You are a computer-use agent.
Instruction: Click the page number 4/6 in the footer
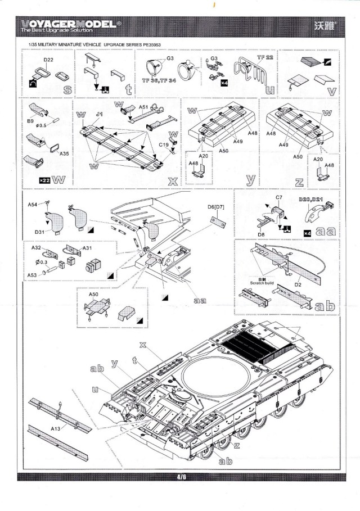[x=181, y=477]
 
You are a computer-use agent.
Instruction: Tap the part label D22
[x=48, y=60]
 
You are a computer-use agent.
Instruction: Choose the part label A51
[x=143, y=107]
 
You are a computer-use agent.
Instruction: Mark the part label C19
[x=164, y=145]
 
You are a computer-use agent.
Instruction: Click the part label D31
[x=39, y=232]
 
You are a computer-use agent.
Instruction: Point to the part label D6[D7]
[x=215, y=207]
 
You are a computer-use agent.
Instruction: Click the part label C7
[x=278, y=198]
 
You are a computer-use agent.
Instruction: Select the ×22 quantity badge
[x=44, y=180]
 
